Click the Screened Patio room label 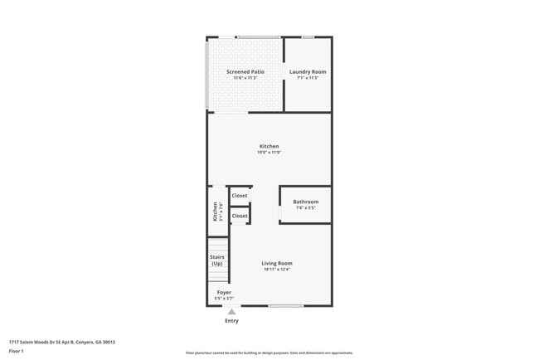click(245, 72)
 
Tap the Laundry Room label click(308, 72)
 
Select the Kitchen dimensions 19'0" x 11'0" click(269, 153)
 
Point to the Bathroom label click(305, 202)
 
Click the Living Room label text click(277, 264)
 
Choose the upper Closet click(240, 196)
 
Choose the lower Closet click(240, 216)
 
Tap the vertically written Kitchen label click(215, 212)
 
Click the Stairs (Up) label click(217, 260)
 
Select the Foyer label click(224, 292)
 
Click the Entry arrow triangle click(231, 312)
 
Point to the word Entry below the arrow click(231, 321)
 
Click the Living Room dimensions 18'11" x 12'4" click(277, 270)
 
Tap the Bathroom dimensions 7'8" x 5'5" click(305, 208)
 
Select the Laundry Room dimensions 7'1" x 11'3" click(308, 78)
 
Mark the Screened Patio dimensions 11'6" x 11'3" click(245, 78)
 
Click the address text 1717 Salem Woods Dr click(62, 342)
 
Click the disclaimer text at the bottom click(269, 353)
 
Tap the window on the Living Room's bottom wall click(285, 306)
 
